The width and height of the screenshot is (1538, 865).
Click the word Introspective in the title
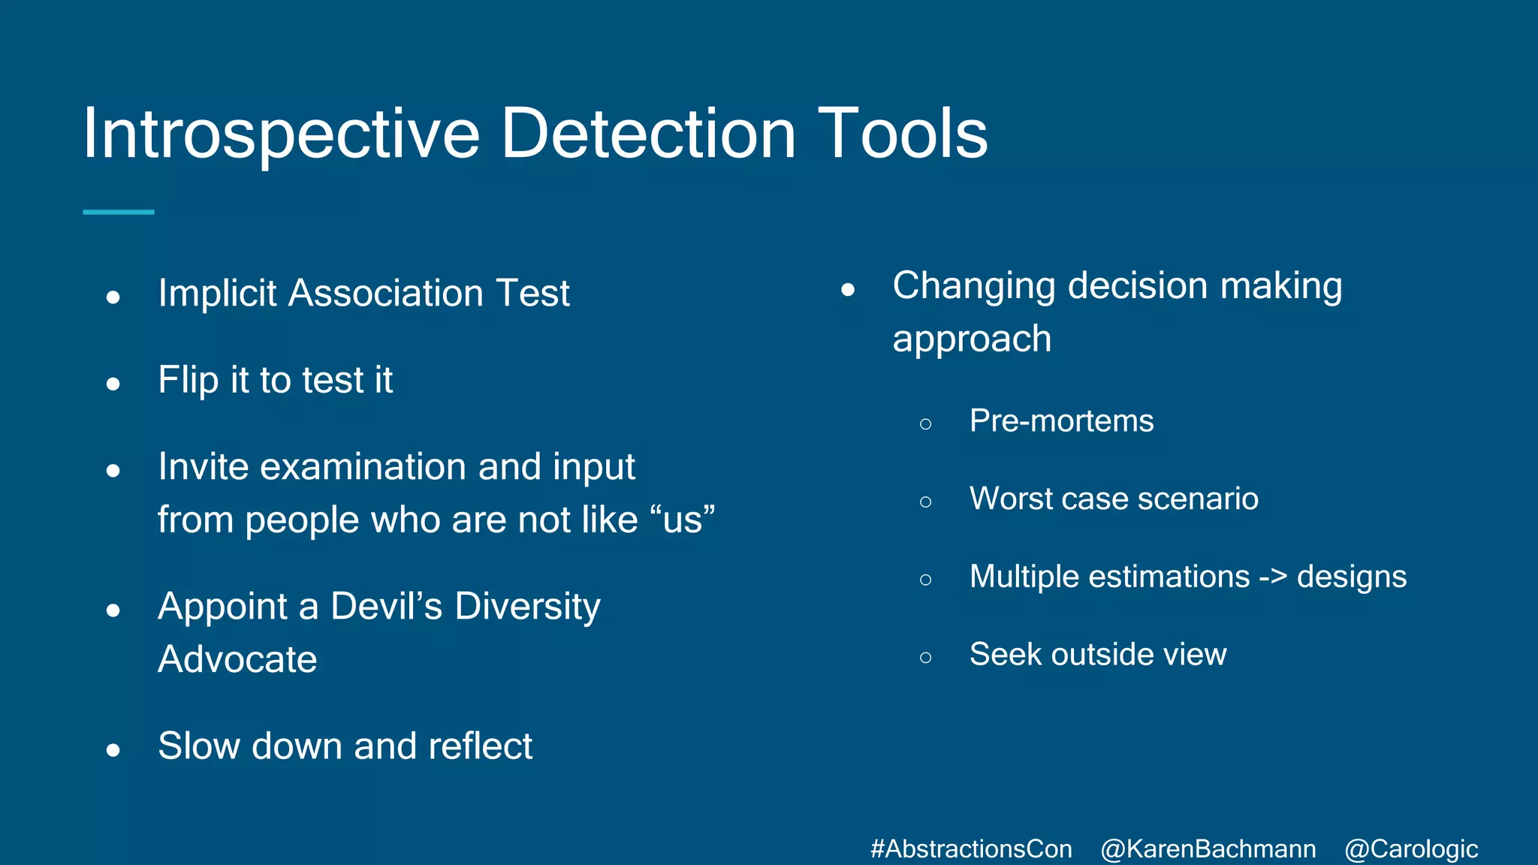pos(281,135)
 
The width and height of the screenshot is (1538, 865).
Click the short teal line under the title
pos(119,212)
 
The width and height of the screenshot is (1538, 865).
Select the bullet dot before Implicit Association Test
pos(113,297)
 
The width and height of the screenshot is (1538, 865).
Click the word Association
pos(386,293)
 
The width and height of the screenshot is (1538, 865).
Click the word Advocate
pos(237,659)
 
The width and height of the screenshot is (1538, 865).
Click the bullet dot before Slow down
pos(113,750)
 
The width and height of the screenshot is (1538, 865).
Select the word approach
pos(972,339)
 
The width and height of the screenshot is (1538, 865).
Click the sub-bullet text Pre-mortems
pos(1061,421)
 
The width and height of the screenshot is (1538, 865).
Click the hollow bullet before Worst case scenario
pos(925,502)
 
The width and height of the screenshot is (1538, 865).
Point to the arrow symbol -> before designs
pos(1273,577)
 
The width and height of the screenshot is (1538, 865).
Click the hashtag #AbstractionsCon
pos(971,849)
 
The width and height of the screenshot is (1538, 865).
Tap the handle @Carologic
pos(1411,849)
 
